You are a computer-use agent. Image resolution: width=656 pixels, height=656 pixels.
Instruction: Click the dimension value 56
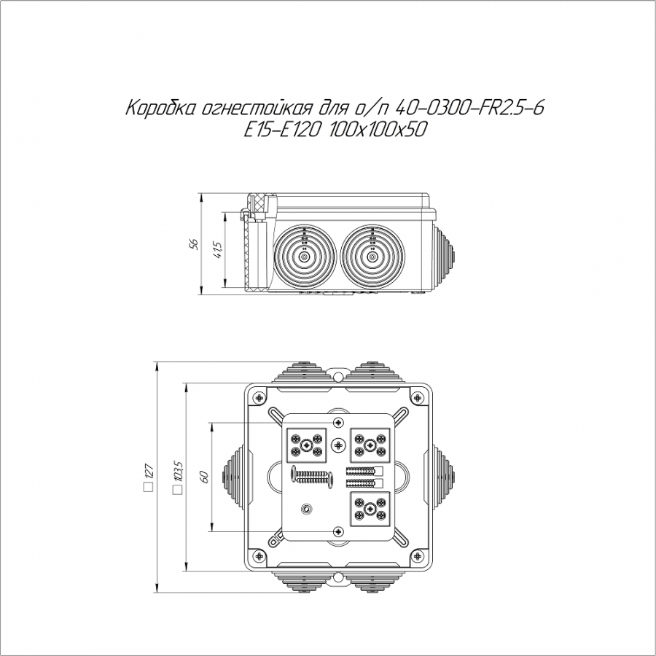click(x=193, y=244)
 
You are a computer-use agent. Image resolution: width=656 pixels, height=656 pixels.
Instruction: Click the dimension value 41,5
click(x=218, y=250)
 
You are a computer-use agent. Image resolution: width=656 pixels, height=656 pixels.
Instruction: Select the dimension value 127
click(x=149, y=472)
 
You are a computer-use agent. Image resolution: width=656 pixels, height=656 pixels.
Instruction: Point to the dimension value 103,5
click(x=179, y=471)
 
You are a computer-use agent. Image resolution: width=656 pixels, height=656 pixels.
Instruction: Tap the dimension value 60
click(x=205, y=477)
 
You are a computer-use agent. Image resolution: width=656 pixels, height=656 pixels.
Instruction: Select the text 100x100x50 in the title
click(x=378, y=130)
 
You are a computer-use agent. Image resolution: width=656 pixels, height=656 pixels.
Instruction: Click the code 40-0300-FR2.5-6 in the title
click(x=469, y=109)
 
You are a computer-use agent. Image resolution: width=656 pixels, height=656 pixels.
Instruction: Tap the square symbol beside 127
click(x=148, y=488)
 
